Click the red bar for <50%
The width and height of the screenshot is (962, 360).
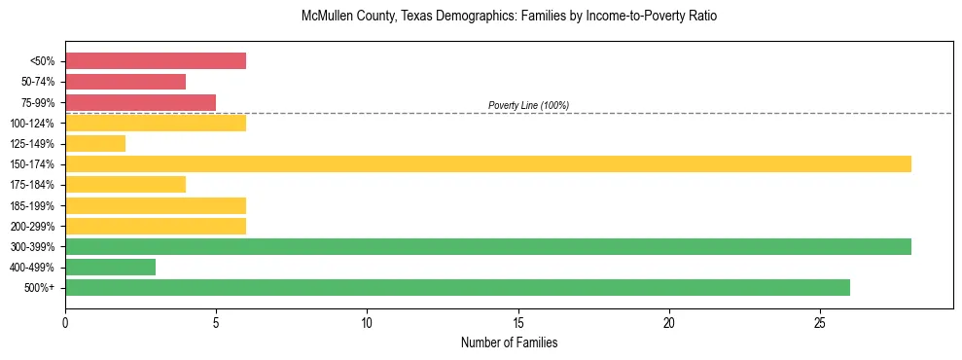(156, 61)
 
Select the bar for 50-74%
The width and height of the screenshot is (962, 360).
(125, 82)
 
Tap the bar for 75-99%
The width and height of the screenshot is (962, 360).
(140, 102)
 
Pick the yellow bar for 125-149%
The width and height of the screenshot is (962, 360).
(95, 143)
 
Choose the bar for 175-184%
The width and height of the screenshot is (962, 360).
(125, 184)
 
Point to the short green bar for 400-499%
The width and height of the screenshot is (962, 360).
(110, 267)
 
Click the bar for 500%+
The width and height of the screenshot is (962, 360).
(457, 287)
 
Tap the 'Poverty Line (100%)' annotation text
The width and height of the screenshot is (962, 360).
(528, 105)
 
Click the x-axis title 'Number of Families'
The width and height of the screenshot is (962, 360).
(509, 343)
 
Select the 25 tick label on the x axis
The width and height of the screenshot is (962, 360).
(820, 322)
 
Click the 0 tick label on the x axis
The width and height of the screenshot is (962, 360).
(65, 322)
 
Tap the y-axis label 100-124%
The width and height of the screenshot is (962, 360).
(35, 124)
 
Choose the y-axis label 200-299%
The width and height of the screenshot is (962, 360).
(35, 226)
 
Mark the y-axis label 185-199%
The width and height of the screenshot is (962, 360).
(35, 205)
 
